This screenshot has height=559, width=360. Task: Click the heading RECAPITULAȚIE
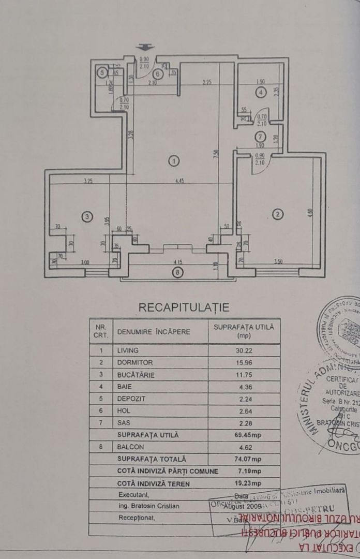point(184,307)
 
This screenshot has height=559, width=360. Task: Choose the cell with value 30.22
point(244,350)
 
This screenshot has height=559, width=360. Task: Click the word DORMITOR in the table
point(135,363)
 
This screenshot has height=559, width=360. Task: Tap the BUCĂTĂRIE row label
point(136,375)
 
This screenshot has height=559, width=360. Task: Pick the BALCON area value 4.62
point(244,447)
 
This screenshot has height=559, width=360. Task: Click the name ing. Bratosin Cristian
point(149,506)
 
